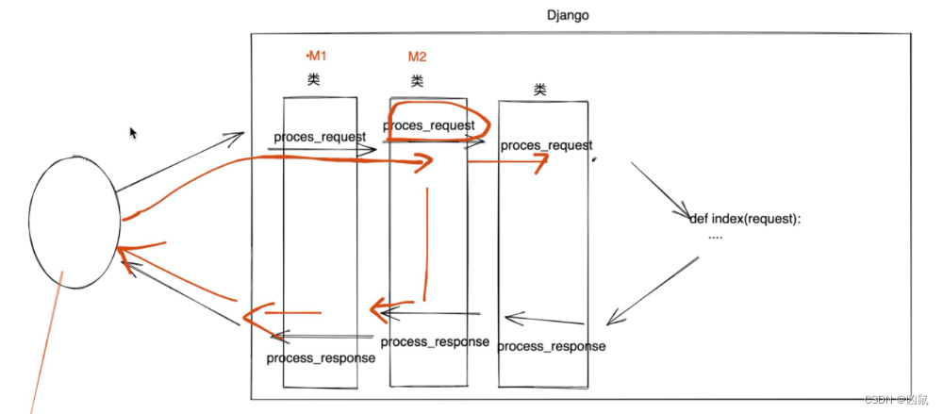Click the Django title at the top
tap(569, 16)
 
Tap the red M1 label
tap(317, 57)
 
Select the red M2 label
tap(417, 57)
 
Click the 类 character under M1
tap(314, 79)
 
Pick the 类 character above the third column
tap(539, 90)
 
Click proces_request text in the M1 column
tap(320, 137)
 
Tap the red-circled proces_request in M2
tap(429, 125)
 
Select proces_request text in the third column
tap(546, 145)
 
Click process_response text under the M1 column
tap(321, 358)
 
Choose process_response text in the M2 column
tap(435, 341)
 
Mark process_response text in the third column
tap(552, 346)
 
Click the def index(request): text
tap(745, 219)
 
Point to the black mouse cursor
tap(134, 133)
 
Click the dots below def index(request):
tap(715, 237)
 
